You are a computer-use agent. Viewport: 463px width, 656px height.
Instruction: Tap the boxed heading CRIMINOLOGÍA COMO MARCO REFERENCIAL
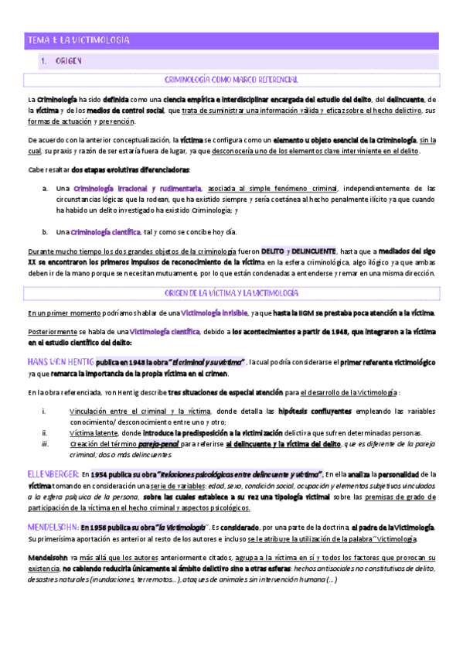(232, 79)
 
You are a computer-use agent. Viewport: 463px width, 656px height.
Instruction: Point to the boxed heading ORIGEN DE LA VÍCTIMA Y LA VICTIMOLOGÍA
(232, 293)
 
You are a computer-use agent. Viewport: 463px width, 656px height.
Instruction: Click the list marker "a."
(46, 188)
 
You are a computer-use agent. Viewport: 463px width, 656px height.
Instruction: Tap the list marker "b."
(46, 231)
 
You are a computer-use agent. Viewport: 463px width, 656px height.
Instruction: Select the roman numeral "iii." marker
(46, 444)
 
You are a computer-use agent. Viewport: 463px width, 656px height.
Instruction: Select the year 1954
(104, 473)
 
